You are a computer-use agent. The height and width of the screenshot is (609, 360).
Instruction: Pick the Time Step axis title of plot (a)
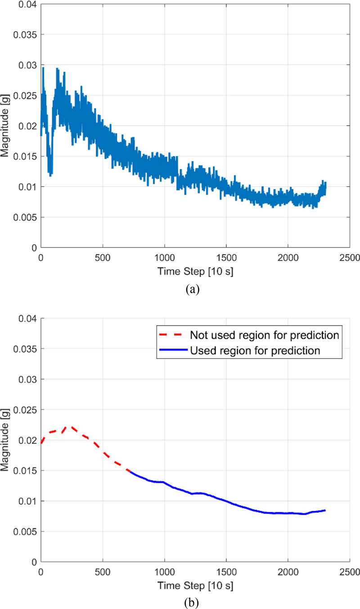coord(195,271)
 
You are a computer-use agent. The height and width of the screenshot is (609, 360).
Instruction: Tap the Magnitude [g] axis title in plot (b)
coord(5,440)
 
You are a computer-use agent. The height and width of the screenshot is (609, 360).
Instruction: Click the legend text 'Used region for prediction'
coord(256,350)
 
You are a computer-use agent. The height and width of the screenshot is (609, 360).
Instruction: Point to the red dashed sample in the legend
coord(170,335)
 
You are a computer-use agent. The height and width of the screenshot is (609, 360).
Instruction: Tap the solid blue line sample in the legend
coord(170,350)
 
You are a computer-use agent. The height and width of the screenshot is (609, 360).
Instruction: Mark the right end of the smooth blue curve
coord(325,510)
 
